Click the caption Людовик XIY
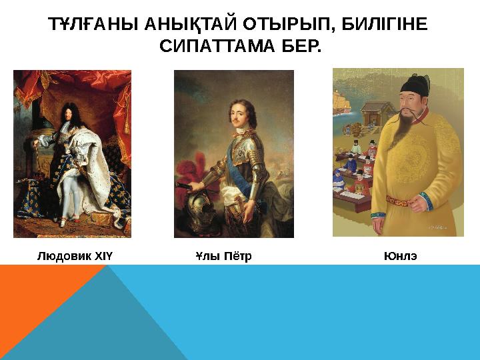(75, 256)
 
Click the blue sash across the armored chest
(239, 153)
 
